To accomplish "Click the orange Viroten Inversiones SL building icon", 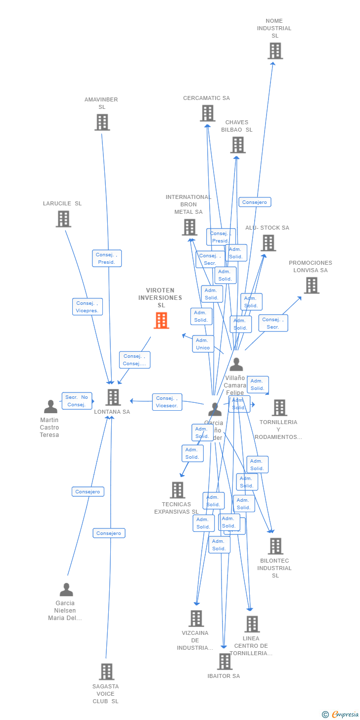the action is (161, 321).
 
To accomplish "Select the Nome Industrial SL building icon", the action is (275, 51).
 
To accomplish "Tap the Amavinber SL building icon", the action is (102, 122).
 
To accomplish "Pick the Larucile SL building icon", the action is (63, 219).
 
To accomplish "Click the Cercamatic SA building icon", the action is (208, 113).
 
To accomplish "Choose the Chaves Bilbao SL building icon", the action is (238, 145).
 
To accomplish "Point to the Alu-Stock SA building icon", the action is (269, 243).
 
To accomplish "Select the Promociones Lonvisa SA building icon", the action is (312, 286).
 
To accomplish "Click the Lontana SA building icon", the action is (113, 397).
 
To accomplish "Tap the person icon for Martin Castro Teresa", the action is (50, 407).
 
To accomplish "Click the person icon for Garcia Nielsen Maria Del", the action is (66, 590).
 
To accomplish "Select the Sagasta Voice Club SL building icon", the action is (106, 672).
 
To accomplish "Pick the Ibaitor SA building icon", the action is (225, 662).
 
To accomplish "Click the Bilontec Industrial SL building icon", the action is (275, 546).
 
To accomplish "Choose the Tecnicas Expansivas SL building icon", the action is (177, 490).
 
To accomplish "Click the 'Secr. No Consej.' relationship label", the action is (77, 401).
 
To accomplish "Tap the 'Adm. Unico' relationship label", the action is (203, 344).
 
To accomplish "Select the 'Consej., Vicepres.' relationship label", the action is (87, 307).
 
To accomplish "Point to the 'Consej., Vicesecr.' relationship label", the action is (167, 402).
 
